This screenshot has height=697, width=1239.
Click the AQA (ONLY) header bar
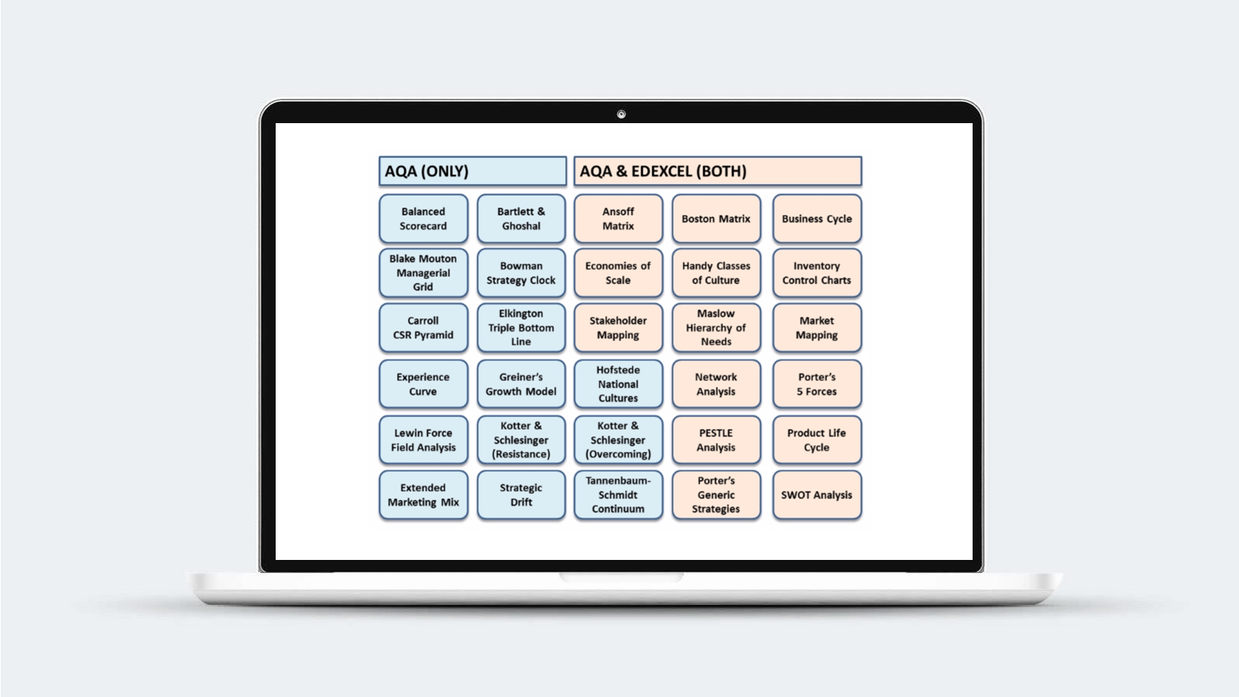click(x=472, y=171)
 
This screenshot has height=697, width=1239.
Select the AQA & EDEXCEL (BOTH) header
click(x=717, y=171)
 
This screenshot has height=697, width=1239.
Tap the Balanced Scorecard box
click(x=423, y=218)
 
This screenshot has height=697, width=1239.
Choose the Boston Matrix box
click(x=716, y=218)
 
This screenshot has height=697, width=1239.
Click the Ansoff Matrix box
click(x=618, y=218)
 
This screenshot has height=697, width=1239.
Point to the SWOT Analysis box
click(x=816, y=495)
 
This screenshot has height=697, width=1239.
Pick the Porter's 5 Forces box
click(x=816, y=384)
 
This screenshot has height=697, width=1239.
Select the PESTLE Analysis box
click(x=716, y=440)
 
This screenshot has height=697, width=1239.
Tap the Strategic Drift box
click(x=520, y=495)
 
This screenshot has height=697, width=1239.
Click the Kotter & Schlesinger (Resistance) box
click(x=520, y=440)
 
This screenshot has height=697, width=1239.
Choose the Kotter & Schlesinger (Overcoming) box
click(x=618, y=440)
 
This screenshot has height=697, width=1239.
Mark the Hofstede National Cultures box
click(x=618, y=384)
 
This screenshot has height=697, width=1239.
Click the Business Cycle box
click(x=816, y=218)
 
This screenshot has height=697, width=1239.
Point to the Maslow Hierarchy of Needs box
click(x=716, y=328)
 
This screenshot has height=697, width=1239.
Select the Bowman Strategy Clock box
click(x=520, y=273)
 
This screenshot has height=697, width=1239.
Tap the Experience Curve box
click(x=423, y=384)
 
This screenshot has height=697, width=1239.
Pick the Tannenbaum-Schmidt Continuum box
click(x=618, y=495)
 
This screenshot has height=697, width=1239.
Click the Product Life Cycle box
click(x=816, y=440)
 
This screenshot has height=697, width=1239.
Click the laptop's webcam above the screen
click(x=621, y=115)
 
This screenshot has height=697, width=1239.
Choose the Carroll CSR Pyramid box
click(x=423, y=328)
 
